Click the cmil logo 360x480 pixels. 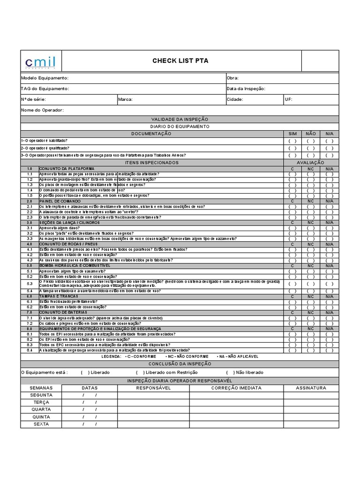coord(40,61)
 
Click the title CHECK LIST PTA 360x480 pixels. coord(180,60)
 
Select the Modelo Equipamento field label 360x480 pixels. coord(45,78)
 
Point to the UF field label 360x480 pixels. coord(288,99)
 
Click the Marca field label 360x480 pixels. coord(126,99)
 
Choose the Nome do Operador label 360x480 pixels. coord(42,110)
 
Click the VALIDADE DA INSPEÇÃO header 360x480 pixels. coord(180,120)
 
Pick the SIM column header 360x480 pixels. coord(292,134)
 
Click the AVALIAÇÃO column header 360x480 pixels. coord(311,162)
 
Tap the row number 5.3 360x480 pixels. coord(29,284)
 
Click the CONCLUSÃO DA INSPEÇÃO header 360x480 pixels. coord(180,363)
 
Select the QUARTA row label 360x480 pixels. coord(41,409)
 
